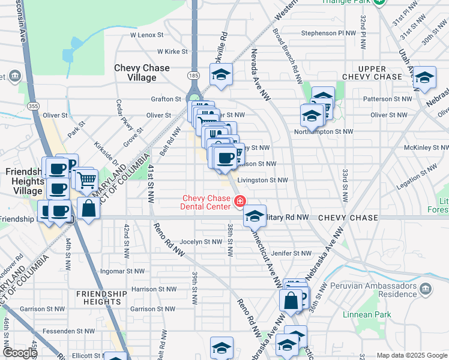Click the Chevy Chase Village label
142,73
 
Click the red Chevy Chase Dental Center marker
240,200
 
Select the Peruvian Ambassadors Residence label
381,290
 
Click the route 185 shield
193,76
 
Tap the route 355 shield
33,106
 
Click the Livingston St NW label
262,179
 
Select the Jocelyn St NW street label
200,242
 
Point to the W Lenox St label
147,35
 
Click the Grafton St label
166,99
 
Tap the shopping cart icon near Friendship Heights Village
86,178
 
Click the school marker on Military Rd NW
255,215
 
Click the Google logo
19,353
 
